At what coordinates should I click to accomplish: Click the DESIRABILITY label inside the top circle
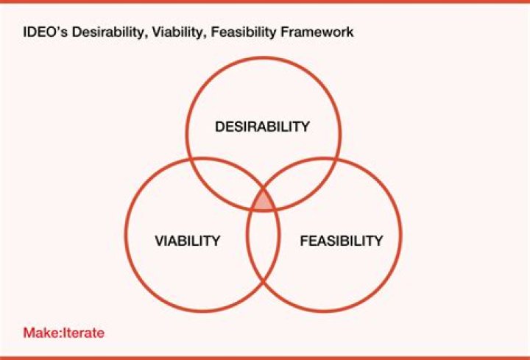(262, 127)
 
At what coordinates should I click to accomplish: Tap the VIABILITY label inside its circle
(188, 241)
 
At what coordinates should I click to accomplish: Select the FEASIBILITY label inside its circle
(342, 241)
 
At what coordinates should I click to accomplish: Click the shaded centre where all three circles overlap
(264, 200)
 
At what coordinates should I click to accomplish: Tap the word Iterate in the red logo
(85, 332)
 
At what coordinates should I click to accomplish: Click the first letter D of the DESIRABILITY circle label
(219, 127)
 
